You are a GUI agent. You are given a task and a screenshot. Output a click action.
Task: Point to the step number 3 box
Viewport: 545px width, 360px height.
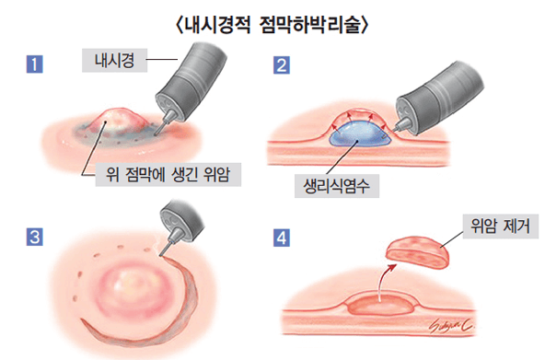coord(34,238)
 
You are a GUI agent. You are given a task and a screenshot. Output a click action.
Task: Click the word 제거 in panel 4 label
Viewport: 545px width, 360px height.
coord(517,225)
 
